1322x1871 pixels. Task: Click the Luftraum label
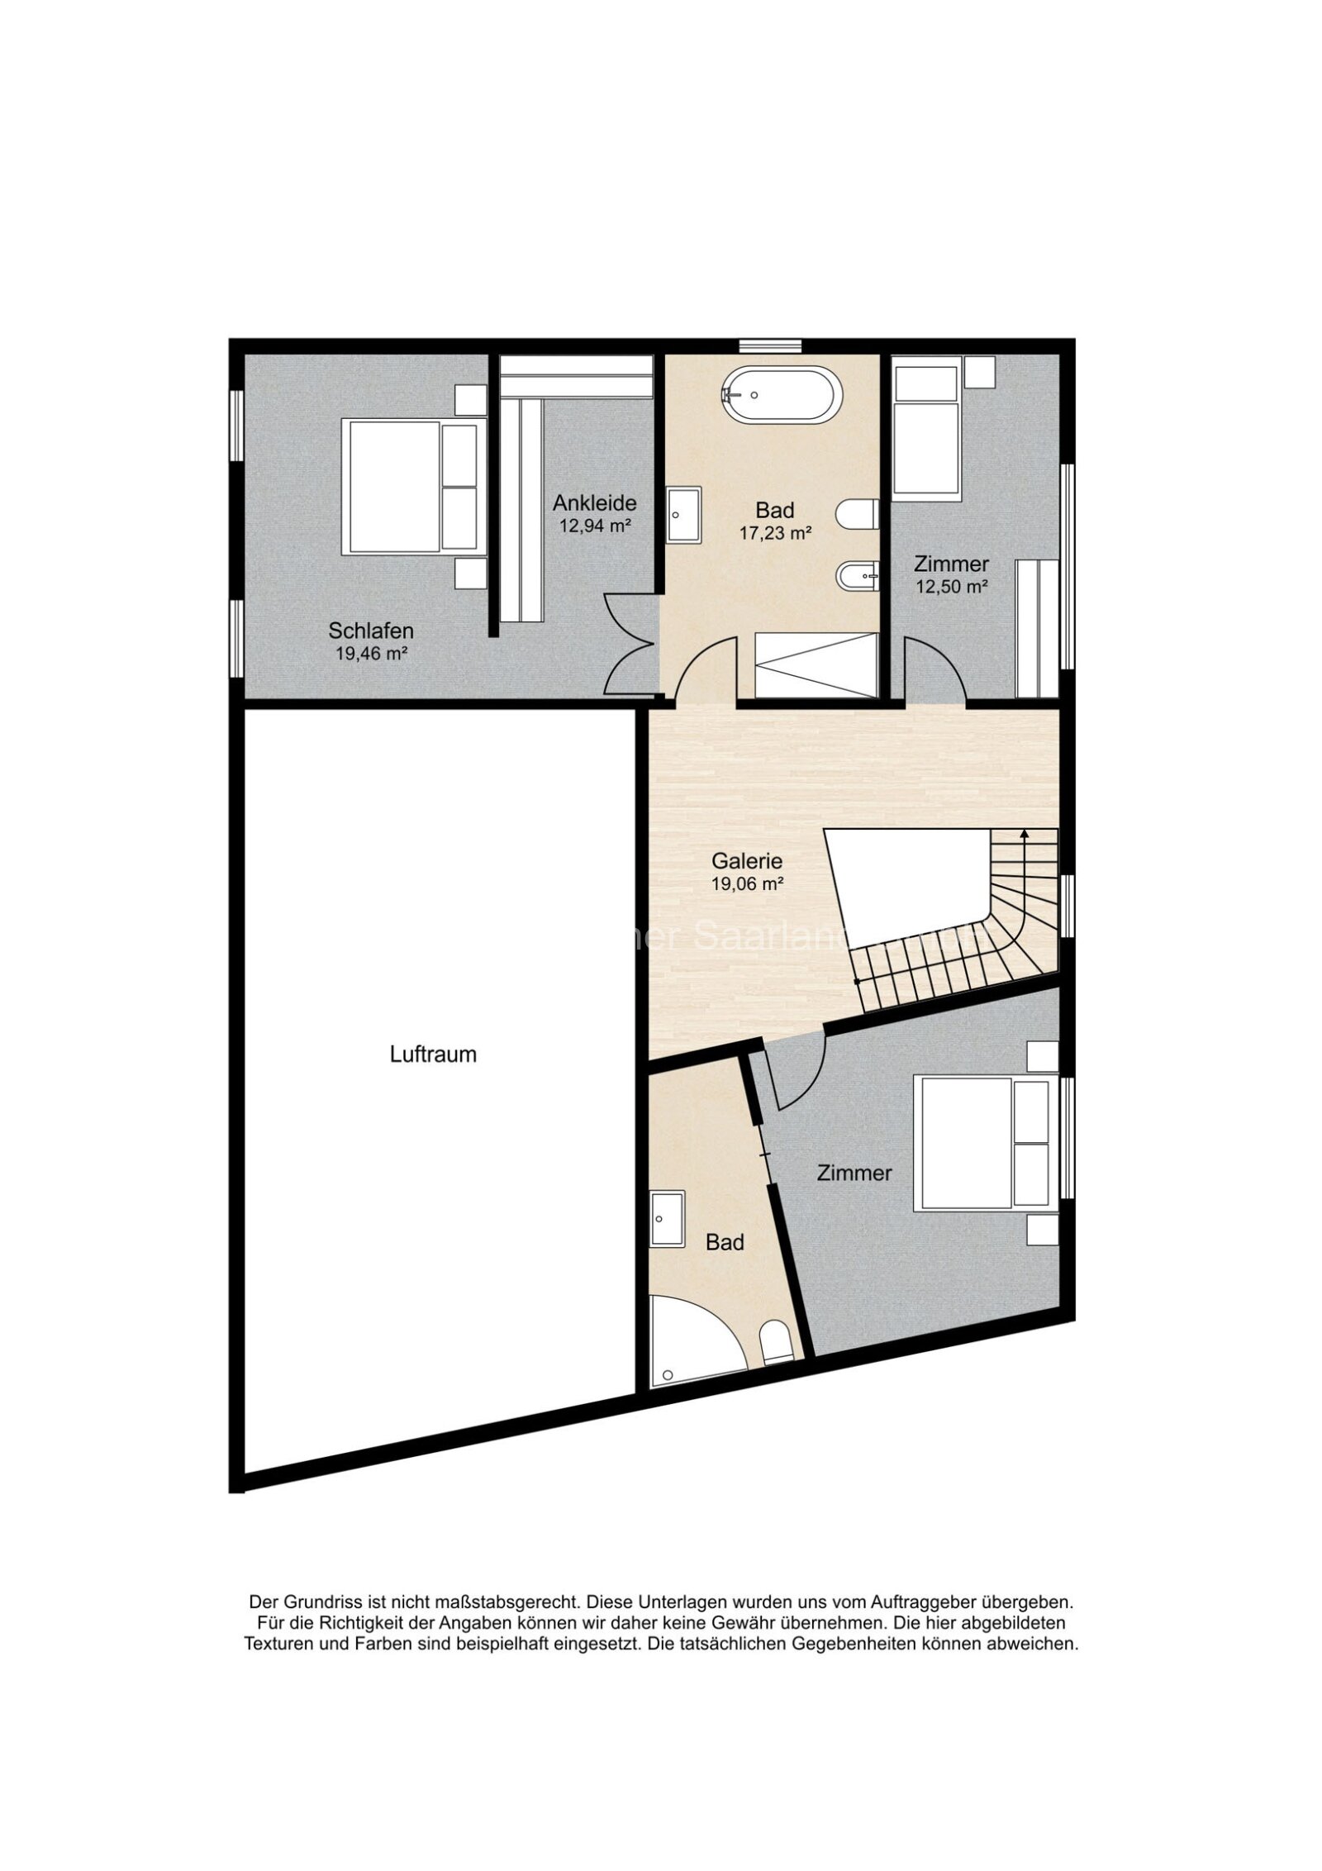tap(433, 1055)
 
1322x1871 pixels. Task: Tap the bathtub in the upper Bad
tap(781, 395)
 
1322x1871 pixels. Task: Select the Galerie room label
tap(746, 860)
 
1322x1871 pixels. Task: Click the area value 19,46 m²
tap(371, 654)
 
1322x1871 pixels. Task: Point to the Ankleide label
tap(594, 502)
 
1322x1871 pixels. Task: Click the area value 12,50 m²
tap(951, 587)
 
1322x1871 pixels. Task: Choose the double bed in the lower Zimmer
tap(983, 1144)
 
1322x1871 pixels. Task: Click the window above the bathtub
tap(769, 346)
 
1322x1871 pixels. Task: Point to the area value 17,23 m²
tap(774, 533)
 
